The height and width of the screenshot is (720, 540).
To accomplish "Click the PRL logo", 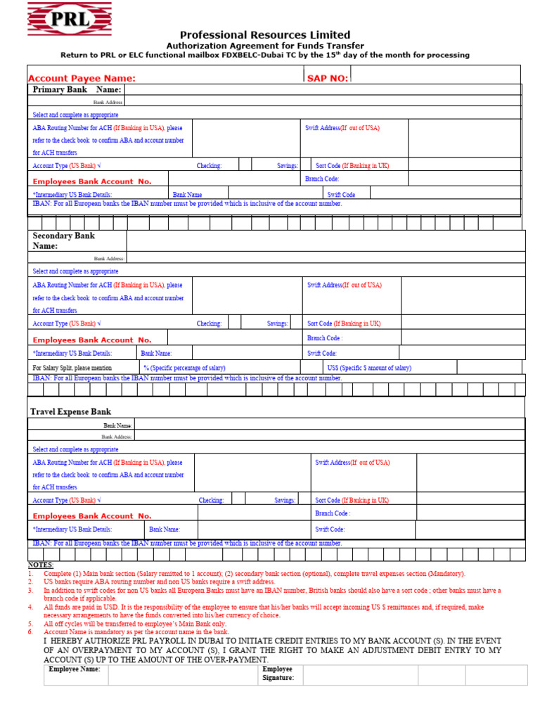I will [60, 19].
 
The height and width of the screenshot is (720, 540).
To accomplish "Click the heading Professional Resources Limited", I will [264, 34].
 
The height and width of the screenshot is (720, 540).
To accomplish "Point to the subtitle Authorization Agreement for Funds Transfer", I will [264, 46].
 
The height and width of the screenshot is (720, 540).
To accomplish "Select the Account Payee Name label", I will [82, 78].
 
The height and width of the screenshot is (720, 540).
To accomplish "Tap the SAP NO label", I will [327, 78].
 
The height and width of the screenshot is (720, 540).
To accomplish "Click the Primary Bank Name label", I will [77, 90].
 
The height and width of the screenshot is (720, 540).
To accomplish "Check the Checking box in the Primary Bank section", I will [245, 165].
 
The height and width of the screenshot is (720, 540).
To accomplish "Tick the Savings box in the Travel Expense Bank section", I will [304, 499].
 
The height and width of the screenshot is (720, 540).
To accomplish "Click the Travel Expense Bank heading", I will [70, 411].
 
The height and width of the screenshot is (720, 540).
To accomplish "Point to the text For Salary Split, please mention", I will [72, 368].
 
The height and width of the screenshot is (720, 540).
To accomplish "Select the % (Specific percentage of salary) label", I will [184, 368].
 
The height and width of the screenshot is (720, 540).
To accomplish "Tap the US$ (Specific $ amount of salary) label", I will [369, 368].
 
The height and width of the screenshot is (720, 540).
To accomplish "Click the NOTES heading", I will [40, 565].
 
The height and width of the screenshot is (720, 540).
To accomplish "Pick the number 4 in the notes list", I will [31, 607].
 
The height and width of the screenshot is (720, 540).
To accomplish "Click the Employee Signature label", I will [278, 674].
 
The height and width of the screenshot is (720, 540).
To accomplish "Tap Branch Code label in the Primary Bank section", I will [322, 179].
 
